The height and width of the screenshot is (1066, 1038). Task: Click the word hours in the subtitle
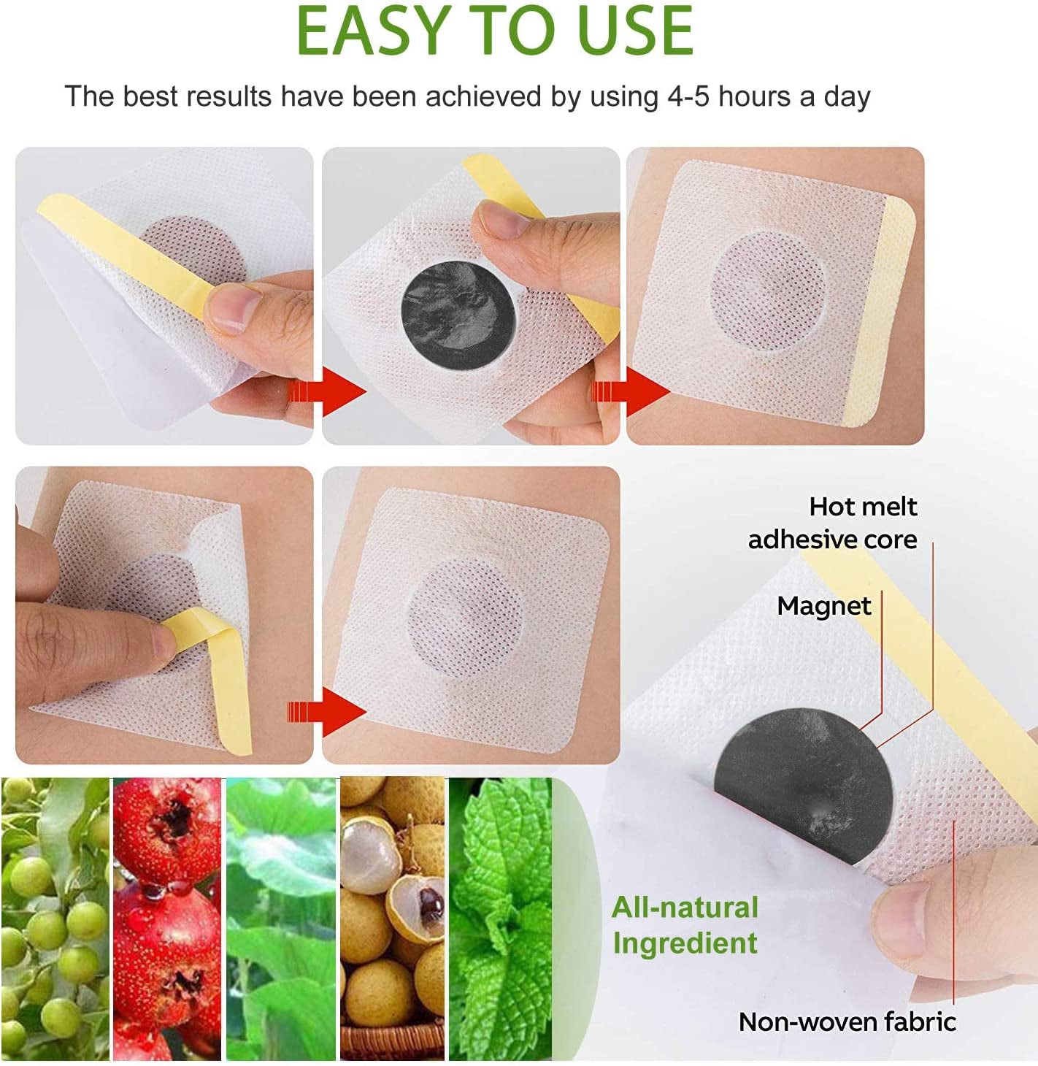[754, 96]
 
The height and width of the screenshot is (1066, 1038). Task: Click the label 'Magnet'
[823, 606]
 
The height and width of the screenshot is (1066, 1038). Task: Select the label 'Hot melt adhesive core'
[832, 523]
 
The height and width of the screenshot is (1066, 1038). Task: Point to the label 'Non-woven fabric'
[847, 1021]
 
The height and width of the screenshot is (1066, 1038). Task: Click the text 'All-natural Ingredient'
[685, 924]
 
